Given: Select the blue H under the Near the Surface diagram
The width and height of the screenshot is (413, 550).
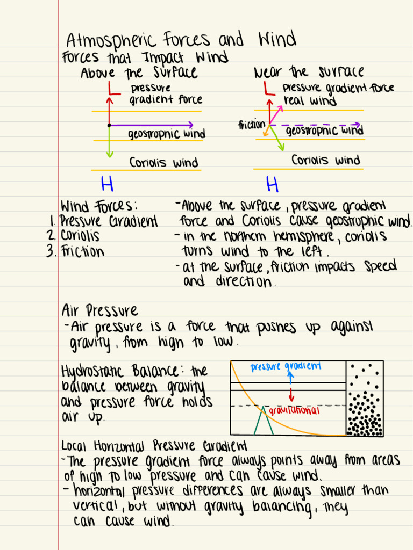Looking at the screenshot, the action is (x=273, y=185).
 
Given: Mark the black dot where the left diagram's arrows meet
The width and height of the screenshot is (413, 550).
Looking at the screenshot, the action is (x=109, y=125).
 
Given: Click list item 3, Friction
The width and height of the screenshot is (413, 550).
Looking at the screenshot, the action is (x=82, y=251).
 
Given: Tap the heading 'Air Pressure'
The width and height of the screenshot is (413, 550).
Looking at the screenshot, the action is (x=99, y=310).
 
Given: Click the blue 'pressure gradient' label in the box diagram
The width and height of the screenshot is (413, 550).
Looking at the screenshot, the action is (x=286, y=367).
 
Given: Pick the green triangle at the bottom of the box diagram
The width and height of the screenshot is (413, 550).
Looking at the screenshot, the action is (x=264, y=421).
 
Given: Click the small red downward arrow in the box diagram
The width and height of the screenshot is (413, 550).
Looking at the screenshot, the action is (x=291, y=394).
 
